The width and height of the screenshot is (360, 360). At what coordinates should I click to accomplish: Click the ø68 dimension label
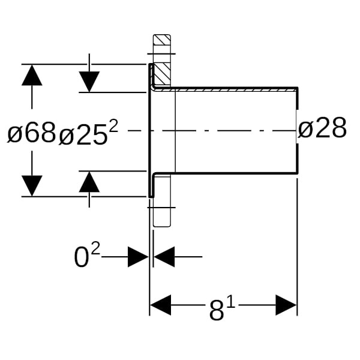[x=31, y=133]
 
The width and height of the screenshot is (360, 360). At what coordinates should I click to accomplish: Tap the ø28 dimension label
[x=323, y=128]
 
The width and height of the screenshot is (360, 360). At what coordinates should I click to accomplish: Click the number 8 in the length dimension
[x=216, y=311]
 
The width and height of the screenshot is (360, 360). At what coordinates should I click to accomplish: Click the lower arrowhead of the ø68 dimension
[x=32, y=185]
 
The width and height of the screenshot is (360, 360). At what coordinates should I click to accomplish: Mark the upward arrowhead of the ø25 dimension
[x=89, y=182]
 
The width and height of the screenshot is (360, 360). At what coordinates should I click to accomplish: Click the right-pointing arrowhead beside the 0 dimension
[x=138, y=257]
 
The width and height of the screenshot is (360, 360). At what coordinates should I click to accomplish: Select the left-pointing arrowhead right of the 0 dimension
[x=164, y=257]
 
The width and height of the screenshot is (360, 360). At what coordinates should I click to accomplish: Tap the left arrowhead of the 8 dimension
[x=161, y=305]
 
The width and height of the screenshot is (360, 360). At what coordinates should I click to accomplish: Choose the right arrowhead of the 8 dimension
[x=286, y=305]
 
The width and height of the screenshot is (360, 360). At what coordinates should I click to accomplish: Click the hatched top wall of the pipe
[x=234, y=89]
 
